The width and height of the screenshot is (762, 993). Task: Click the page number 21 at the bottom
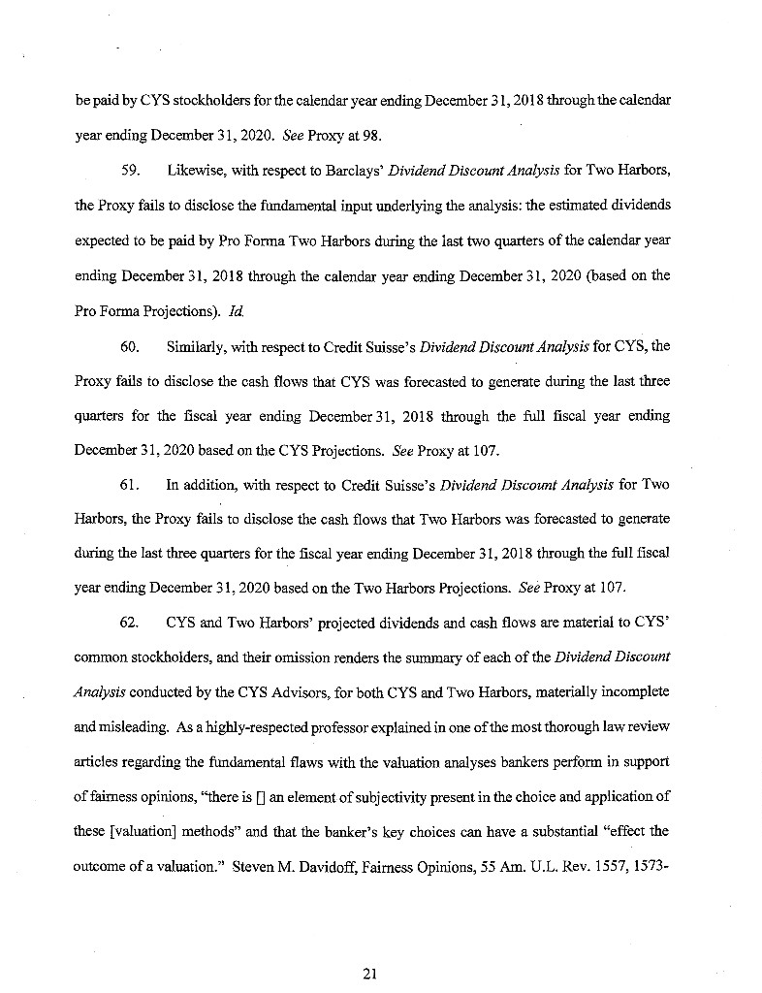(x=368, y=975)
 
